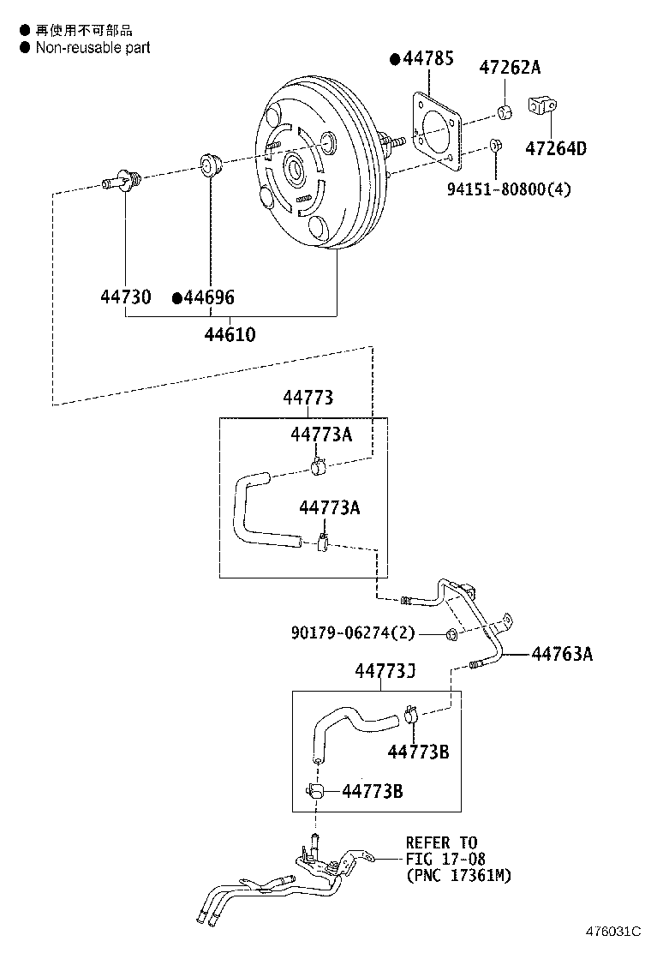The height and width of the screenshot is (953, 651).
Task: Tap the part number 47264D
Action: [555, 148]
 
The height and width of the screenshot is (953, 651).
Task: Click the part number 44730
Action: [126, 297]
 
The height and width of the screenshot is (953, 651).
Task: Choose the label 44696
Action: [209, 297]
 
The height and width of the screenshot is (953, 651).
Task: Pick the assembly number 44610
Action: [230, 334]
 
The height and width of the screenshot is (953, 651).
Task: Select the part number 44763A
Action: [562, 655]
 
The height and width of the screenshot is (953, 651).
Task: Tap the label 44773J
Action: [385, 671]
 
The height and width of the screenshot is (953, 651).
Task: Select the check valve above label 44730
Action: [122, 181]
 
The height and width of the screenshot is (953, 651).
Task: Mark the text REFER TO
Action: [441, 842]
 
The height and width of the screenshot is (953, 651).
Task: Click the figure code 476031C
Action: [613, 932]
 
